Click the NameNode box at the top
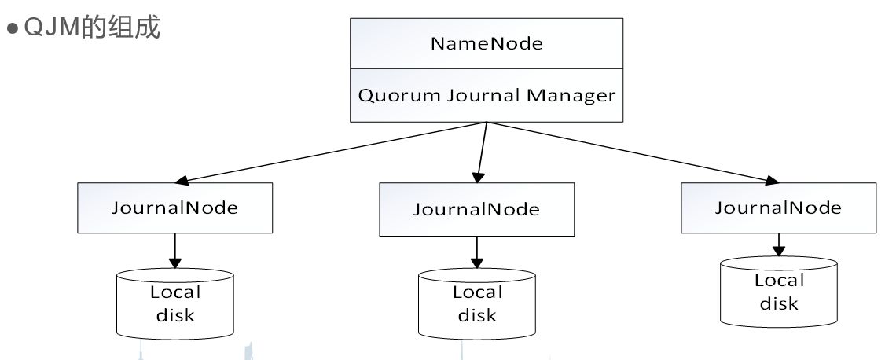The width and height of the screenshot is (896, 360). click(487, 43)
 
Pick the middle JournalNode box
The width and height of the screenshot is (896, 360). click(477, 210)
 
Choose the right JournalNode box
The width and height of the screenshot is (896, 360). click(778, 208)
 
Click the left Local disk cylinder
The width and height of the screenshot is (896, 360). click(175, 303)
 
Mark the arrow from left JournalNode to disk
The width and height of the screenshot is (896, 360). click(175, 252)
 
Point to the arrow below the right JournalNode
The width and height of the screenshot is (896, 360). click(778, 244)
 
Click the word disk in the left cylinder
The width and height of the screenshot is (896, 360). click(175, 315)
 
